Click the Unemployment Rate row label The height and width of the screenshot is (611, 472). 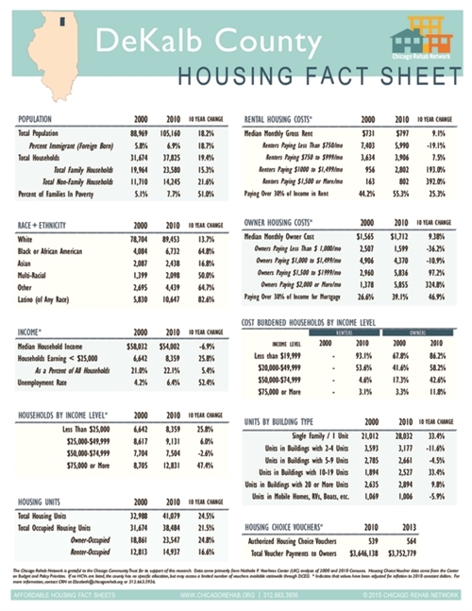[43, 382]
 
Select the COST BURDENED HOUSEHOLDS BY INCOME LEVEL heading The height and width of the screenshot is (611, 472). [323, 322]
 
